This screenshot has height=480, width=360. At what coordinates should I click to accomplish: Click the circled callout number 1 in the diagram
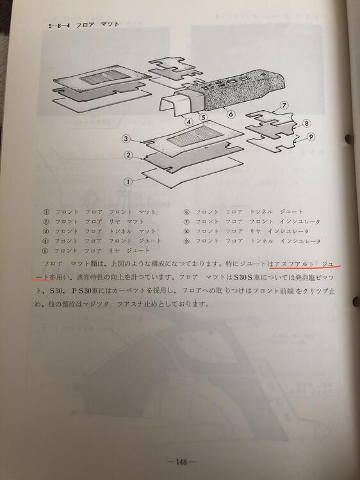(128, 182)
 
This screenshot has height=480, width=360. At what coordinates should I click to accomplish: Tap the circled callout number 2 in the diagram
(128, 156)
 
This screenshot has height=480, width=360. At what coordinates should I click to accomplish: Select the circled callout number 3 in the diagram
(126, 139)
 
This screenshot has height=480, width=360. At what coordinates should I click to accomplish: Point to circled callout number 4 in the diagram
(189, 122)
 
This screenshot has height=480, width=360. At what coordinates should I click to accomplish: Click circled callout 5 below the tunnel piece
(202, 117)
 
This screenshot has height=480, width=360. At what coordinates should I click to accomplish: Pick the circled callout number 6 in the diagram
(231, 114)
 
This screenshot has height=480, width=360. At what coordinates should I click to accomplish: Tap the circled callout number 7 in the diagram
(284, 106)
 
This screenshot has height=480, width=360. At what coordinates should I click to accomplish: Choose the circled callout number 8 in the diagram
(306, 124)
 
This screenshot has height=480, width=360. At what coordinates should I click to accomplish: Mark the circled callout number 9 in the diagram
(311, 137)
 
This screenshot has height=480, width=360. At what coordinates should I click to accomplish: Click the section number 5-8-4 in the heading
(59, 26)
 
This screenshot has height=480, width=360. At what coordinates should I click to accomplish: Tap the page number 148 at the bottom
(181, 462)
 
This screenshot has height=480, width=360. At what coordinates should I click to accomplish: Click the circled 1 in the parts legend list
(47, 212)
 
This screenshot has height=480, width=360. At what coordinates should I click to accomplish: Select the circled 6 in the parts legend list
(186, 212)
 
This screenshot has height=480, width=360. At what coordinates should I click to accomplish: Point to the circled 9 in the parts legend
(186, 241)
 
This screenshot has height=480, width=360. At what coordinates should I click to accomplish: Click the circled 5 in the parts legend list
(47, 251)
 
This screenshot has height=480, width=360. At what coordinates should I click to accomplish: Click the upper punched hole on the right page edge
(348, 139)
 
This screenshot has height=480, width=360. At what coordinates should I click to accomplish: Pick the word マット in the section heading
(110, 25)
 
